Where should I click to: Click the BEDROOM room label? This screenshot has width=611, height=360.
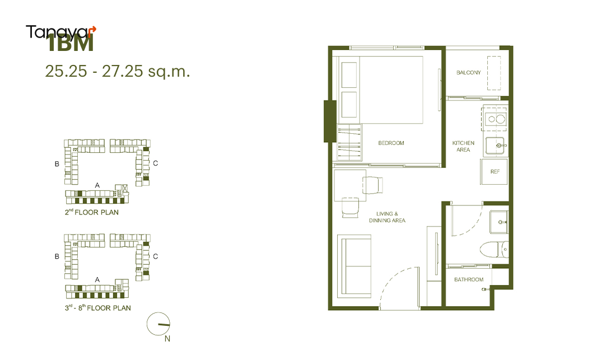pyautogui.click(x=391, y=143)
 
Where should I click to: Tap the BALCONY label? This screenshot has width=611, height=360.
pyautogui.click(x=468, y=72)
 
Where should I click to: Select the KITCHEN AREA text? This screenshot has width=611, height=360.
pyautogui.click(x=463, y=146)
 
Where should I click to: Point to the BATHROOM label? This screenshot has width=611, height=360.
pyautogui.click(x=469, y=279)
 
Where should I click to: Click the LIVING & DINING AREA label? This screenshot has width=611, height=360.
pyautogui.click(x=388, y=217)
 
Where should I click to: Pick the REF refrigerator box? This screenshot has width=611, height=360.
pyautogui.click(x=495, y=171)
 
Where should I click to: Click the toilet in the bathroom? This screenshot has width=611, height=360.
pyautogui.click(x=494, y=249)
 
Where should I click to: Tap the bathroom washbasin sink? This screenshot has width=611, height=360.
pyautogui.click(x=499, y=222)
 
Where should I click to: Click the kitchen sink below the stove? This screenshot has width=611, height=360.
pyautogui.click(x=496, y=146)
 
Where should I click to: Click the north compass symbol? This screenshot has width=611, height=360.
pyautogui.click(x=158, y=324)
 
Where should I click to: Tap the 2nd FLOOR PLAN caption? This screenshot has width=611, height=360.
pyautogui.click(x=92, y=212)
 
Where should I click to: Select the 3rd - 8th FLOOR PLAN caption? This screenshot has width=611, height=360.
pyautogui.click(x=98, y=308)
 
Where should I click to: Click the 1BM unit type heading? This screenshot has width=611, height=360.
pyautogui.click(x=70, y=43)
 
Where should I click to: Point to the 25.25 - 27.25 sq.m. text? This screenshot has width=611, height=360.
pyautogui.click(x=117, y=71)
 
